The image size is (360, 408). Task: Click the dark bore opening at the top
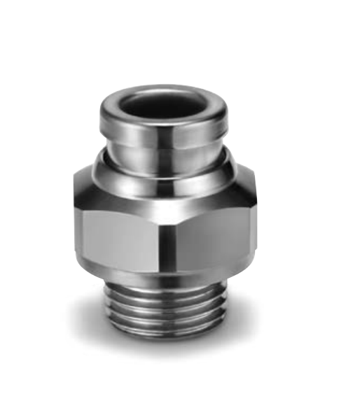click(x=162, y=104)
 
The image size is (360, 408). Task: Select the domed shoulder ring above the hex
click(x=162, y=171)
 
